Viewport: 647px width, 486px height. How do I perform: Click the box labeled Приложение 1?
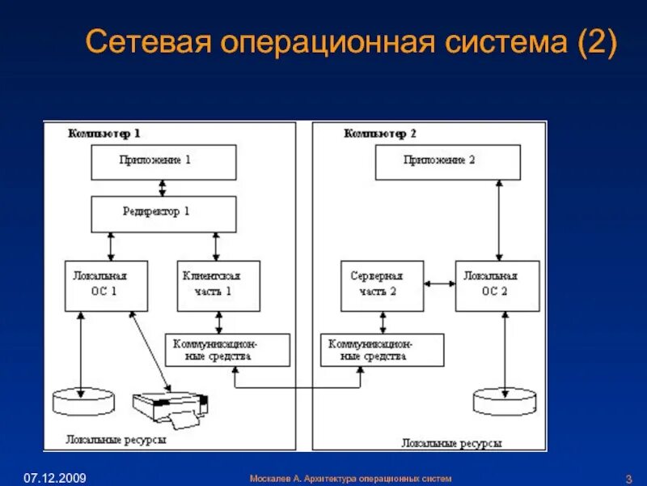(163, 162)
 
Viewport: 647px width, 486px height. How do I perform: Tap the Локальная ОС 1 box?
(106, 285)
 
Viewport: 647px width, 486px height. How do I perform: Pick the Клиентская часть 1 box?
(218, 285)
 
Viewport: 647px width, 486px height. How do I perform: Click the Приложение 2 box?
(447, 162)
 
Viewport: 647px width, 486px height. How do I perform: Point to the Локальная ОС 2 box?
(497, 285)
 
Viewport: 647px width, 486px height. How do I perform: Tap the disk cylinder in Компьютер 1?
(79, 400)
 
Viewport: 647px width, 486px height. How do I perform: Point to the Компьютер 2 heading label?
(380, 133)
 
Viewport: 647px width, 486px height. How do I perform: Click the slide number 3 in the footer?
(628, 478)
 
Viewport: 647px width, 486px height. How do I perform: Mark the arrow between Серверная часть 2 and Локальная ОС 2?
(439, 283)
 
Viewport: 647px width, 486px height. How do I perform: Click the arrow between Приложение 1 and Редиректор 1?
(163, 188)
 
